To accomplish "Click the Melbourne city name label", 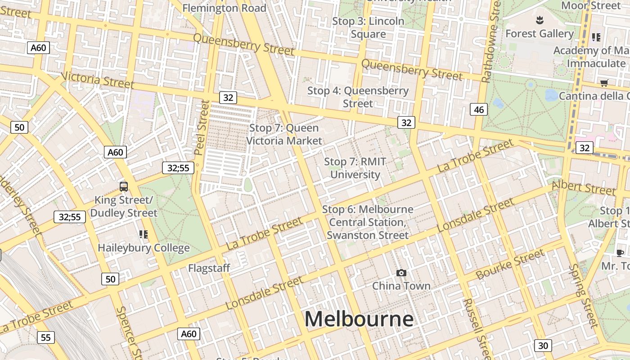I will click(359, 319).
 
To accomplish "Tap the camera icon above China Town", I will click(401, 273).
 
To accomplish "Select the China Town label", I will click(401, 286).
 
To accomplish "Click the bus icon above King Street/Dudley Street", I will click(123, 186).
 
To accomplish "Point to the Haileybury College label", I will click(144, 248).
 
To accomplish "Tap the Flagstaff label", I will click(209, 268).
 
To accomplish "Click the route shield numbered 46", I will click(479, 109).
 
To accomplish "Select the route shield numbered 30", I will click(543, 346).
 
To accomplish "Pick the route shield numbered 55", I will click(45, 337).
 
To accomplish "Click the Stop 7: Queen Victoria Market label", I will click(284, 134).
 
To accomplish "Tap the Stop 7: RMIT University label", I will click(355, 168).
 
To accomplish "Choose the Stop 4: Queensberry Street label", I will click(358, 97).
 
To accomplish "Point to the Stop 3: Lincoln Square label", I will click(368, 27).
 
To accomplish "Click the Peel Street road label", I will click(202, 128).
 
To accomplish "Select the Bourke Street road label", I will click(510, 265).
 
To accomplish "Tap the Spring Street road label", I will click(583, 295).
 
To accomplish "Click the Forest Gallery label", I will click(540, 34).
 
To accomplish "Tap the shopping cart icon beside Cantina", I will click(604, 83).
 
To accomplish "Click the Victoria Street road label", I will click(98, 80).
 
